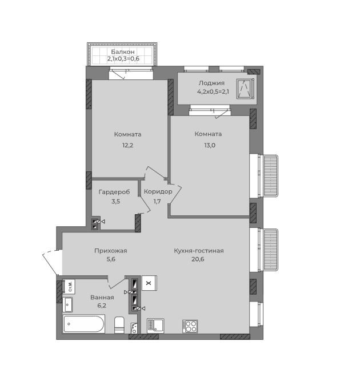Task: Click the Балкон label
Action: tap(123, 51)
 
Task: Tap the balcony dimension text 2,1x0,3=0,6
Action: tap(123, 58)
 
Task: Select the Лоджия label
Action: tap(211, 83)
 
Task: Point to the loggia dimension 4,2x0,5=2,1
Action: tap(213, 91)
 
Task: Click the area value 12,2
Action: tap(127, 145)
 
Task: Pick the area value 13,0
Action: tap(210, 145)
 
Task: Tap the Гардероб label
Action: tap(114, 192)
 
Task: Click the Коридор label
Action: tap(158, 191)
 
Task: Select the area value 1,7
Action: tap(157, 201)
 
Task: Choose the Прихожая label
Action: tap(111, 251)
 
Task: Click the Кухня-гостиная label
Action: tap(199, 251)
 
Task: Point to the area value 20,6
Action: tap(198, 259)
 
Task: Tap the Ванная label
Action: tap(102, 298)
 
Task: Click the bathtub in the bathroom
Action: tap(83, 324)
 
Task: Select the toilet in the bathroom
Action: tap(119, 325)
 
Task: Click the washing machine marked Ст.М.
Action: tap(69, 286)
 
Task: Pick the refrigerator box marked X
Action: tap(149, 283)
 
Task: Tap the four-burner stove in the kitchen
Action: tap(190, 326)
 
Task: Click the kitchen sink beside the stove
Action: tap(155, 326)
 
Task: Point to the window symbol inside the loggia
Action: tap(245, 89)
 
